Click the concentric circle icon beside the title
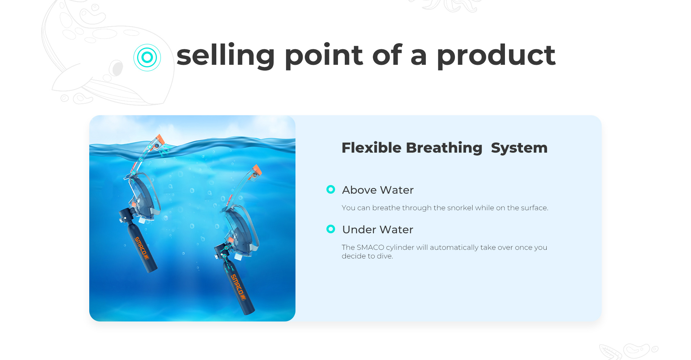pyautogui.click(x=147, y=57)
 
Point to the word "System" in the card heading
pyautogui.click(x=519, y=148)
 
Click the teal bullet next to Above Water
pyautogui.click(x=331, y=189)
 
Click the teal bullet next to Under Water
pyautogui.click(x=331, y=229)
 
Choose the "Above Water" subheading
pyautogui.click(x=378, y=190)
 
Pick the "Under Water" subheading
pyautogui.click(x=378, y=229)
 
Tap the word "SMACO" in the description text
pyautogui.click(x=370, y=247)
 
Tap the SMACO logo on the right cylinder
pyautogui.click(x=238, y=287)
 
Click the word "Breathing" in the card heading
pyautogui.click(x=444, y=148)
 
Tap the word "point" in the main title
pyautogui.click(x=324, y=56)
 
